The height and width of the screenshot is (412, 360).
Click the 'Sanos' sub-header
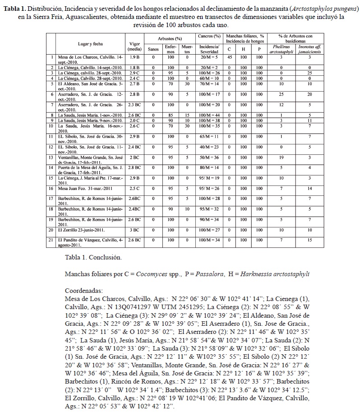point(153,49)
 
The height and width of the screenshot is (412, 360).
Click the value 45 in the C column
point(230,57)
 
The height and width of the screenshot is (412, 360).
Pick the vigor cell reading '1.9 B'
point(134,57)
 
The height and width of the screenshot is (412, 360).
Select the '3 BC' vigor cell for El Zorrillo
point(134,230)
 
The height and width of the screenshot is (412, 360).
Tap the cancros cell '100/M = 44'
point(209,115)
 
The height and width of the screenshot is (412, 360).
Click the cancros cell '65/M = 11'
point(209,136)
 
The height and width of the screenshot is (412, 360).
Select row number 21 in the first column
point(52,240)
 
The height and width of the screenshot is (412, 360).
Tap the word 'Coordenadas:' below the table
point(84,291)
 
